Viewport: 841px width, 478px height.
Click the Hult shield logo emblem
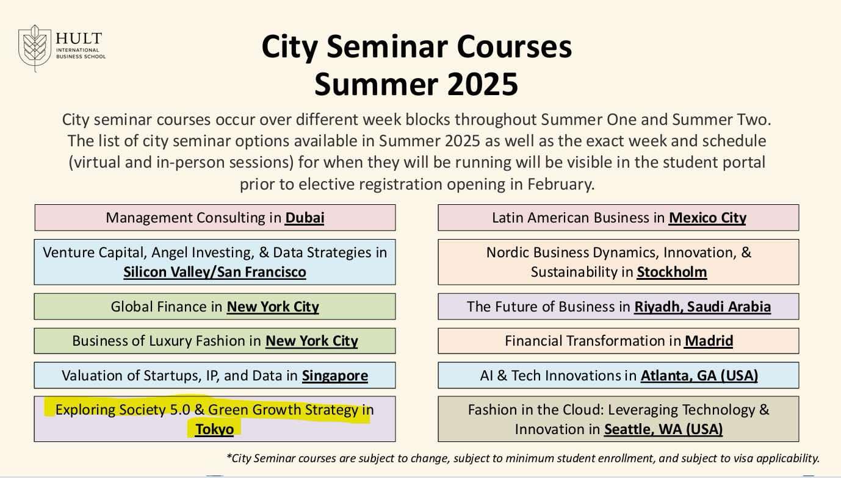tap(35, 48)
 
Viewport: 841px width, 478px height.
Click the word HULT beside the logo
tap(79, 38)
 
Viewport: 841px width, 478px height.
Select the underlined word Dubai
tap(305, 218)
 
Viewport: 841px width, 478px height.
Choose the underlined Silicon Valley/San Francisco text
tap(215, 272)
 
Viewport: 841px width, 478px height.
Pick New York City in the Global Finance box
tap(273, 307)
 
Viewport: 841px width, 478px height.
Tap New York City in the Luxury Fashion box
tap(312, 341)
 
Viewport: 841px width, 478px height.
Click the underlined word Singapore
tap(335, 376)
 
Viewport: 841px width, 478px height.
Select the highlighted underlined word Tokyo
tap(214, 429)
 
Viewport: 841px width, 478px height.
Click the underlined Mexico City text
tap(707, 218)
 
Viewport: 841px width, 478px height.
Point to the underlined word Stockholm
tap(672, 272)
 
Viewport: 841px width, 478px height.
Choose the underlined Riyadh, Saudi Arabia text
tap(702, 307)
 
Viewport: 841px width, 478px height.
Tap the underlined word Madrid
tap(709, 341)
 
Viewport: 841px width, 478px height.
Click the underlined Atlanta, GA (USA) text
tap(699, 376)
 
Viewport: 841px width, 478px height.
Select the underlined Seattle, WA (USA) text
tap(663, 429)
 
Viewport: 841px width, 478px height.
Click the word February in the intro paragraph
tap(561, 184)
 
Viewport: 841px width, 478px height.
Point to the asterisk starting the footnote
tap(229, 456)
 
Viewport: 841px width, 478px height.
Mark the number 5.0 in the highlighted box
tap(180, 410)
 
